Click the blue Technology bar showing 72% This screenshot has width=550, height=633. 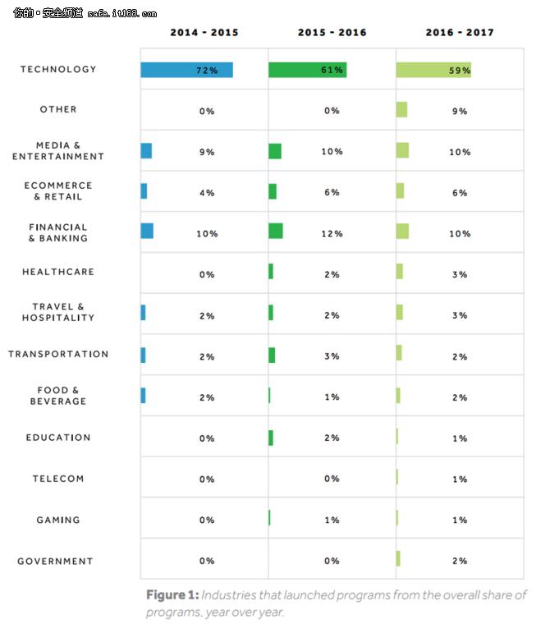coord(186,70)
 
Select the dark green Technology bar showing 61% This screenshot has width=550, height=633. coord(307,70)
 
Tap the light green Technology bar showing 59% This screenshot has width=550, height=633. coord(433,70)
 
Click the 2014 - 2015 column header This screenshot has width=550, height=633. coord(204,33)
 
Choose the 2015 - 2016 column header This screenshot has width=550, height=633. coord(332,33)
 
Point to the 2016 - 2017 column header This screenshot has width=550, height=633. coord(460,33)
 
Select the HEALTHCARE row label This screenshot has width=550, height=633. coord(58,272)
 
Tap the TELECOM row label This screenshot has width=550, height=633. coord(58,479)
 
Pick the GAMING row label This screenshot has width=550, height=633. coord(58,521)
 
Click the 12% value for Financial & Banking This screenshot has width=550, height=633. coord(332,234)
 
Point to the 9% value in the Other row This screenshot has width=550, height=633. coord(460,111)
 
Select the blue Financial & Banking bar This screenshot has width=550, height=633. coord(147,231)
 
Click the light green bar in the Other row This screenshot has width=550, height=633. coord(401,110)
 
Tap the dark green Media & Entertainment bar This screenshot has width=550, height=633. coord(275,151)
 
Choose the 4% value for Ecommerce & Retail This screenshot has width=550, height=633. coord(206,193)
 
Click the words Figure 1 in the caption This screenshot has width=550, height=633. coord(172,595)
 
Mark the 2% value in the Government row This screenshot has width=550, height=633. coord(460,562)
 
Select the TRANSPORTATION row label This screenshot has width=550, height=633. coord(58,355)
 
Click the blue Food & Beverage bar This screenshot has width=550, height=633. coord(143,396)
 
